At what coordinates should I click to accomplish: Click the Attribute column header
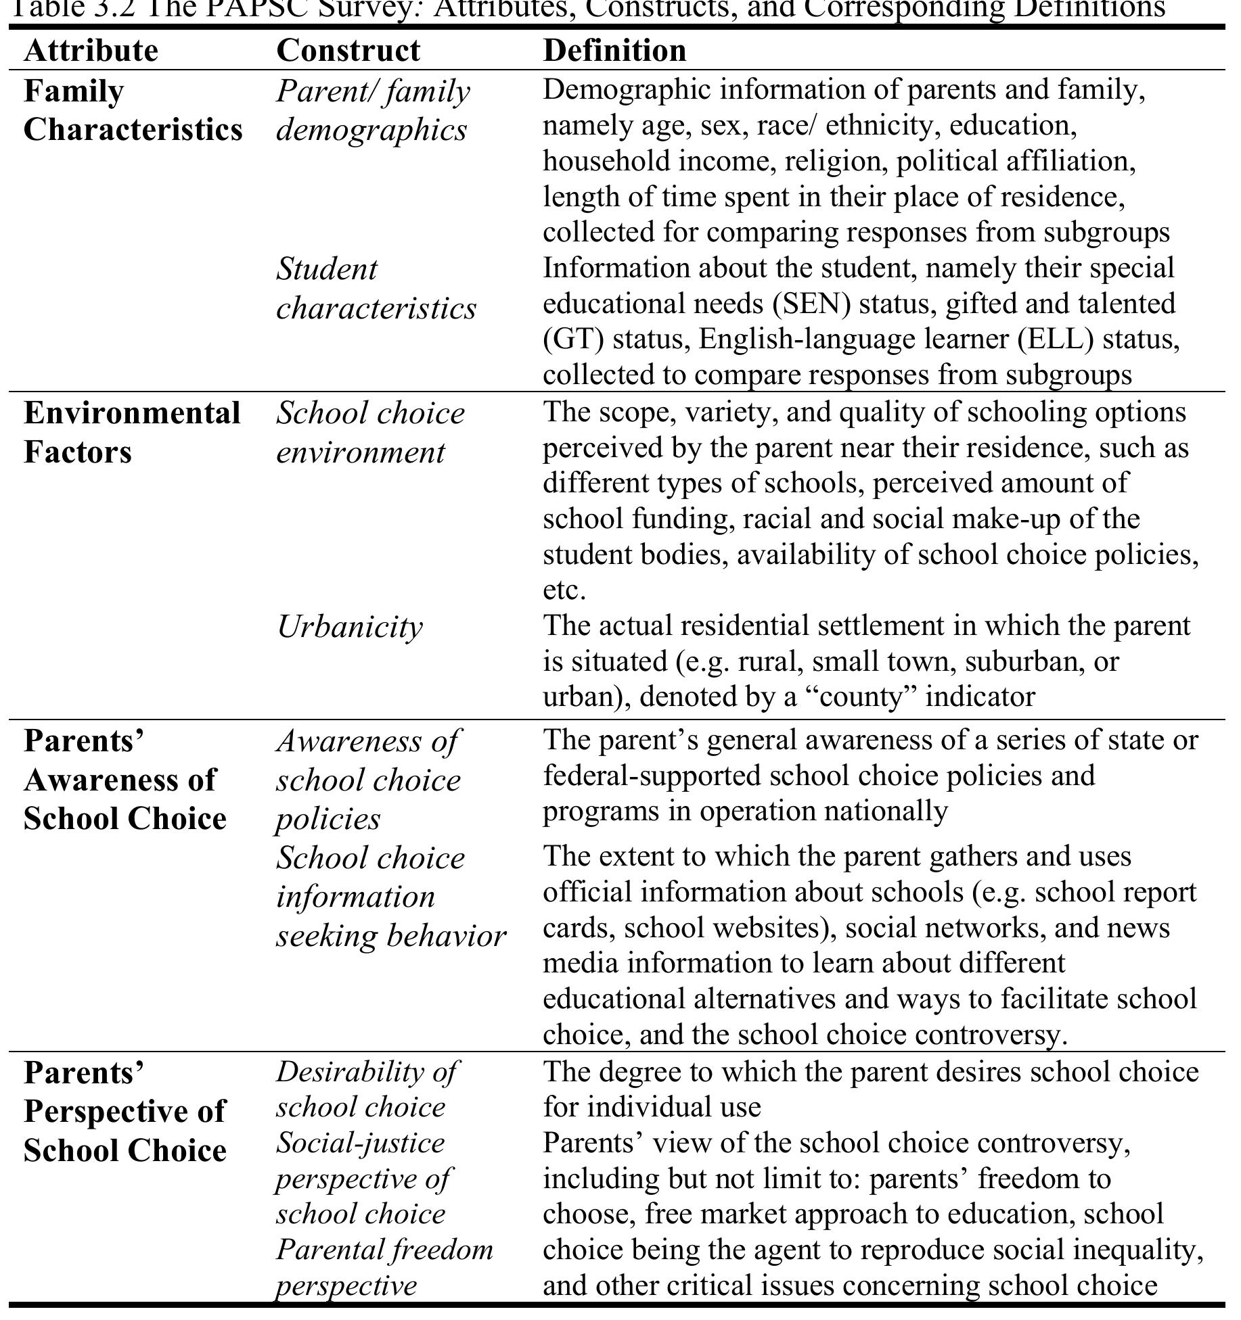(x=91, y=51)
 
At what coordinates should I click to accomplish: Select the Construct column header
(x=348, y=51)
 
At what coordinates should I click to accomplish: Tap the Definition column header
(x=614, y=51)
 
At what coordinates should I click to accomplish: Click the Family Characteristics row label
(x=133, y=110)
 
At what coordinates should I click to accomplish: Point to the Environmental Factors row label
(x=132, y=433)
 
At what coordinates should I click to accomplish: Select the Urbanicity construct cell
(x=350, y=627)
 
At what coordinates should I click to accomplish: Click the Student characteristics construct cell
(x=376, y=289)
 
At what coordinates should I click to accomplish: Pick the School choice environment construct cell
(x=370, y=433)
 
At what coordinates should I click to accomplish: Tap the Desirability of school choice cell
(x=366, y=1089)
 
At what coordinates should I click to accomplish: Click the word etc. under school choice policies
(x=564, y=590)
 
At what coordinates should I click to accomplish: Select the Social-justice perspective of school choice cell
(x=363, y=1179)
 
